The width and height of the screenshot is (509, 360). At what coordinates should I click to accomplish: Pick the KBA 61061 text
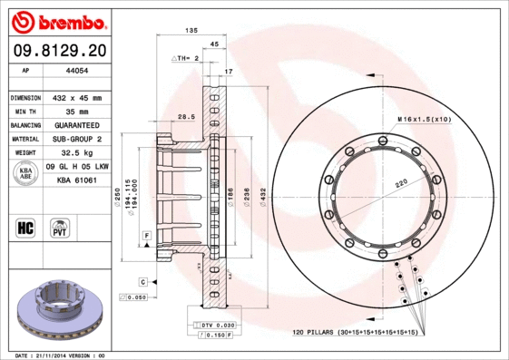point(77,181)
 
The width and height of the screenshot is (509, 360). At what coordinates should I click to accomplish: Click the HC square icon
point(25,226)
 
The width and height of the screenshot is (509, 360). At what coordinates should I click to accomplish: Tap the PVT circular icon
point(60,226)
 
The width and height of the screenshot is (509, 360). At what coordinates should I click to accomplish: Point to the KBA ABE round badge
point(25,174)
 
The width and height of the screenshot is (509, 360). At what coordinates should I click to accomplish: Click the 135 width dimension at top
point(191,31)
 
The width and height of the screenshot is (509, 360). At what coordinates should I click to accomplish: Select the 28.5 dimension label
point(186,116)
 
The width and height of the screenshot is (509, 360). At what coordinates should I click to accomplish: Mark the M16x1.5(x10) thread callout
point(425,119)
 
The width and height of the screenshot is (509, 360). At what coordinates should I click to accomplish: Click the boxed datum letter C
point(143,282)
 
